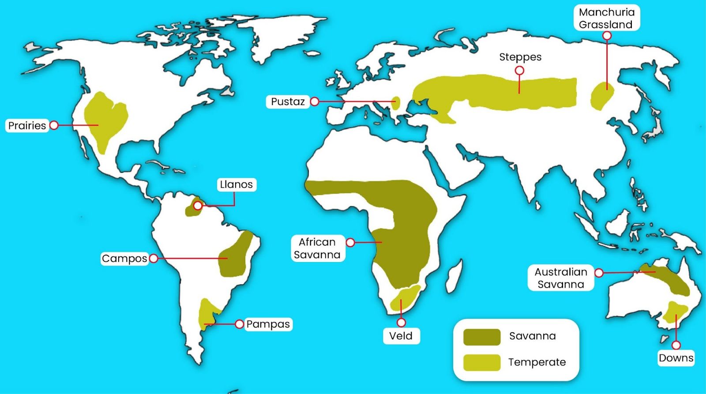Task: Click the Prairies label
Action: [x=27, y=125]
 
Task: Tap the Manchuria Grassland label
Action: [x=606, y=18]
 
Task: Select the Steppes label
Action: [x=520, y=57]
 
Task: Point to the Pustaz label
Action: [x=288, y=101]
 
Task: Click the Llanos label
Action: [x=237, y=184]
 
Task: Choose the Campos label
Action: [x=124, y=258]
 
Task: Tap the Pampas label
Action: [x=268, y=324]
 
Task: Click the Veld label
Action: [x=401, y=336]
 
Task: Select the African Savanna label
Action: [x=317, y=248]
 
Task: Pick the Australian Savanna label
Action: [x=560, y=278]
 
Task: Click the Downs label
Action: [x=676, y=358]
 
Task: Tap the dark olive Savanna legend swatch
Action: [x=482, y=337]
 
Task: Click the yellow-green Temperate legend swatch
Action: [x=482, y=362]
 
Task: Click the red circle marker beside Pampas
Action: [x=239, y=324]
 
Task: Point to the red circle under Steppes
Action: [x=520, y=71]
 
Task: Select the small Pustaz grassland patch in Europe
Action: [x=396, y=103]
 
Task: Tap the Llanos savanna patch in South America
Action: [x=192, y=209]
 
